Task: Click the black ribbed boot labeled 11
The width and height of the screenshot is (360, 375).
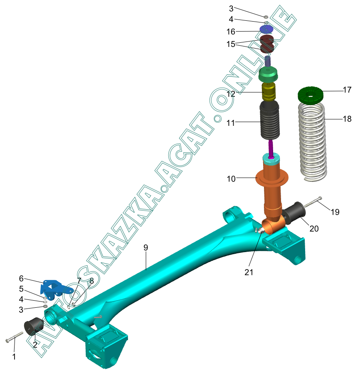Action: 269,120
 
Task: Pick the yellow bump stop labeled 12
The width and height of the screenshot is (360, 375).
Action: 268,92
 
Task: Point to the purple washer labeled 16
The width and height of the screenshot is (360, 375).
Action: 266,29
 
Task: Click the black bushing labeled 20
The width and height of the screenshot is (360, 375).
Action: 293,213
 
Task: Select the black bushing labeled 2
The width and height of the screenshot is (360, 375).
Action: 34,326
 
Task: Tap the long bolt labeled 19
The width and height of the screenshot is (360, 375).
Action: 313,202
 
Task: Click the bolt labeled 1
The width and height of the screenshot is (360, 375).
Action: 15,337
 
